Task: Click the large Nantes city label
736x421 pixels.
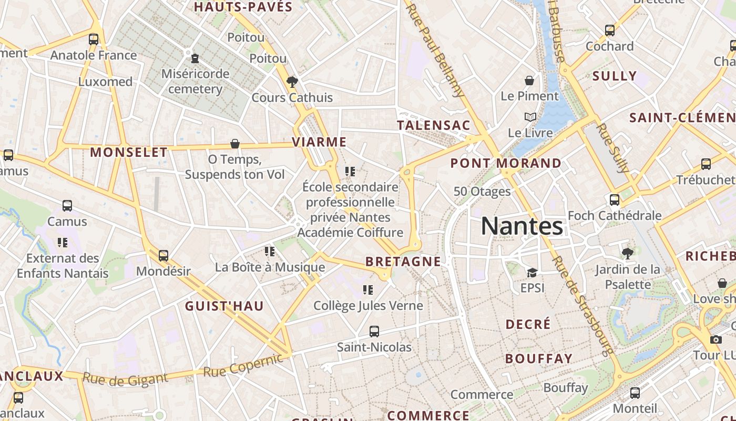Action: (x=522, y=226)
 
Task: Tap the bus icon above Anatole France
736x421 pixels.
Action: (x=94, y=39)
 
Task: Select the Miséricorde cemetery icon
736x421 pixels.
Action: (x=195, y=58)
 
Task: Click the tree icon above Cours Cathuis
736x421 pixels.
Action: (x=292, y=82)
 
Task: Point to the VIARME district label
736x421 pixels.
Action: (x=319, y=142)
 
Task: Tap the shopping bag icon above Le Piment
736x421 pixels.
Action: (x=529, y=81)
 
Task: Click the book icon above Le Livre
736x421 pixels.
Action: (x=530, y=117)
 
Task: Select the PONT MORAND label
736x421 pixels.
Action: (x=506, y=163)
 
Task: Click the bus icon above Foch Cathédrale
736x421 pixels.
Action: (x=614, y=200)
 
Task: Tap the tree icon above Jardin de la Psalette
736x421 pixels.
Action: (x=627, y=254)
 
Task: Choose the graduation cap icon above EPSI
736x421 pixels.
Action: (x=532, y=273)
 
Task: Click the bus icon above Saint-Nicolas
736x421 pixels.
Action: (x=374, y=332)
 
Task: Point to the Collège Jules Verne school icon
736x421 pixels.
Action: (x=368, y=290)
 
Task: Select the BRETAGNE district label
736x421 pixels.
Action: (x=403, y=261)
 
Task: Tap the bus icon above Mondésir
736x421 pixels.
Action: (x=163, y=256)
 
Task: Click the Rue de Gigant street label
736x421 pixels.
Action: (x=125, y=379)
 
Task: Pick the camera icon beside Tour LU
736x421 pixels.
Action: (x=715, y=339)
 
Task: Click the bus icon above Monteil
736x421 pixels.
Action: (x=635, y=393)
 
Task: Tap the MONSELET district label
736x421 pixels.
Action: (x=129, y=153)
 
